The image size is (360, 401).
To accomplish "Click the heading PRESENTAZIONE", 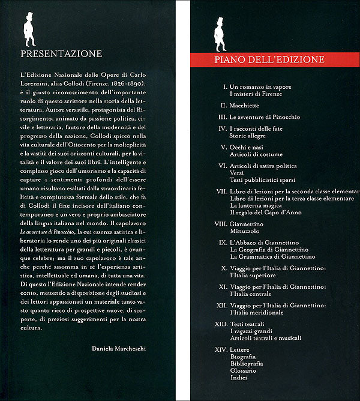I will [61, 53].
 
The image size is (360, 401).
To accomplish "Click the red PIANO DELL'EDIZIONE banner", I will [269, 59].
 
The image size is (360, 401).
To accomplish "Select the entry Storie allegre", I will [252, 137].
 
